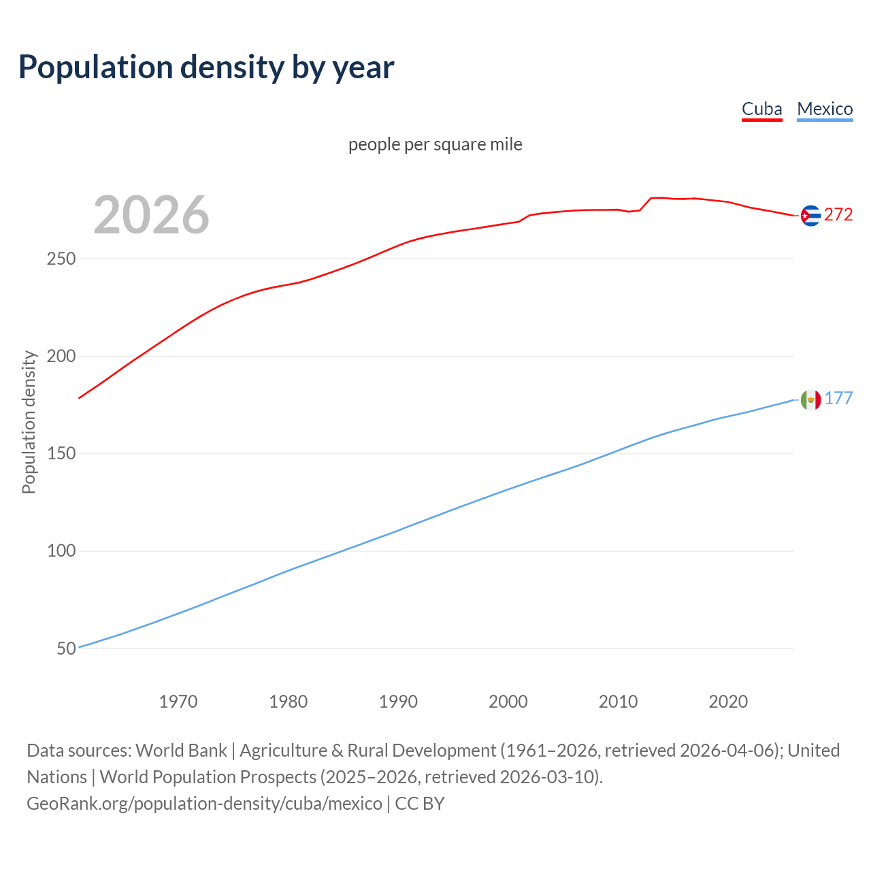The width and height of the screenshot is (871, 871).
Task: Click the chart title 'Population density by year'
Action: click(206, 67)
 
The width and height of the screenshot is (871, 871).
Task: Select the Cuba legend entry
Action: click(761, 109)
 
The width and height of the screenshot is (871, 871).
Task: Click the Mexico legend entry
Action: click(825, 109)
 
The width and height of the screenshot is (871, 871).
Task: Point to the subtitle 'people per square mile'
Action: click(435, 144)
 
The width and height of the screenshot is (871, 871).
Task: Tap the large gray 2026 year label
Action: click(151, 215)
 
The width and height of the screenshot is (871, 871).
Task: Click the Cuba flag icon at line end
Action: click(810, 216)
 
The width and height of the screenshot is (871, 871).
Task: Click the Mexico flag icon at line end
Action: click(810, 399)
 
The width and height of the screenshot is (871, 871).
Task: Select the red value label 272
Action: click(838, 215)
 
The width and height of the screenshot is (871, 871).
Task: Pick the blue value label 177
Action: click(838, 399)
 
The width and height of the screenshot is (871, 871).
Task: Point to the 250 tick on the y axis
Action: click(61, 259)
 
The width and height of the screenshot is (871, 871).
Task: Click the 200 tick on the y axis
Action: click(61, 357)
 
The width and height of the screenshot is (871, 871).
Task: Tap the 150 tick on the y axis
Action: click(61, 454)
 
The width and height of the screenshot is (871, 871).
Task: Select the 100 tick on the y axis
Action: click(61, 551)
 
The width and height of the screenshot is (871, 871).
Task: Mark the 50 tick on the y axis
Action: click(66, 648)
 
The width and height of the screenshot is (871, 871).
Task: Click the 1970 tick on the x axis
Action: click(178, 702)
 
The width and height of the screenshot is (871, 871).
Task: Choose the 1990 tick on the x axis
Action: click(398, 702)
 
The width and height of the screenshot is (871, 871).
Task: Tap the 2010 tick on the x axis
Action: click(618, 702)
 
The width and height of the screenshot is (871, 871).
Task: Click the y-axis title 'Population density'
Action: click(29, 422)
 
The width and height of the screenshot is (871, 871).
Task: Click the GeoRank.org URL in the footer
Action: click(204, 804)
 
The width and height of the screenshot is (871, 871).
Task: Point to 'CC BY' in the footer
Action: click(420, 804)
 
